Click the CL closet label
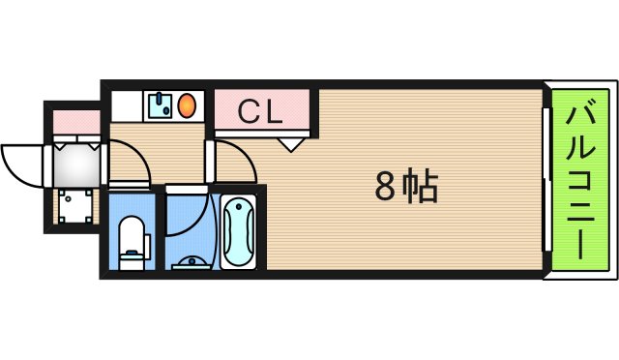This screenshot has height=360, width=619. [261, 111]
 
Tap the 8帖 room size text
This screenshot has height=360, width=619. [406, 186]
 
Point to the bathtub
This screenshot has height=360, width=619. [238, 232]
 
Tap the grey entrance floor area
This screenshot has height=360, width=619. [74, 165]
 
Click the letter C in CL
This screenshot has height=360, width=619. [249, 111]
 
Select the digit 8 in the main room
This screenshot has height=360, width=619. [387, 186]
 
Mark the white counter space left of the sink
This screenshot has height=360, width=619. [127, 105]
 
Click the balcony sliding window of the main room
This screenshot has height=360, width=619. [545, 184]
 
